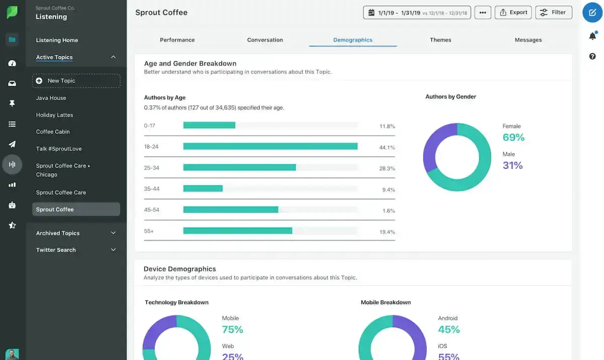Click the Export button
tap(513, 13)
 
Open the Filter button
tap(553, 13)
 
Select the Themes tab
tap(440, 40)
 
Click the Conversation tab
tap(265, 40)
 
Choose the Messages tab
tap(528, 40)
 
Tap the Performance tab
tap(177, 40)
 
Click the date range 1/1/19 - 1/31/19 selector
tap(417, 13)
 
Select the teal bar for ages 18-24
tap(270, 147)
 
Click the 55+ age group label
tap(149, 231)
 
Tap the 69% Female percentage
tap(513, 137)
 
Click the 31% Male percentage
tap(512, 165)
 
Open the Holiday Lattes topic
tap(54, 115)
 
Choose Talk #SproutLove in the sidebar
tap(58, 149)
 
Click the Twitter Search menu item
tap(56, 250)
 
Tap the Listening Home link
tap(57, 40)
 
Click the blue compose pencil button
tap(592, 13)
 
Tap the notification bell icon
tap(592, 36)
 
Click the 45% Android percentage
tap(448, 329)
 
